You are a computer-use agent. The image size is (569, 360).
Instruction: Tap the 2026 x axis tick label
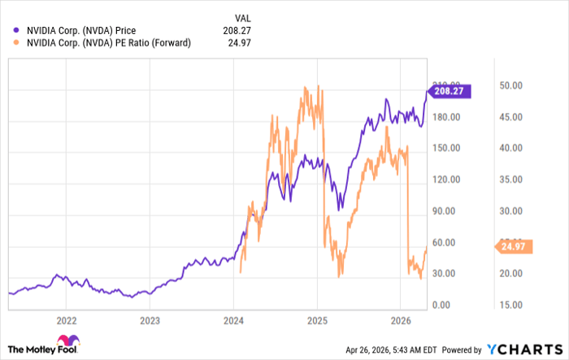(x=401, y=319)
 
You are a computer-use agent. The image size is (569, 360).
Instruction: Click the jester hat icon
(x=63, y=340)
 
